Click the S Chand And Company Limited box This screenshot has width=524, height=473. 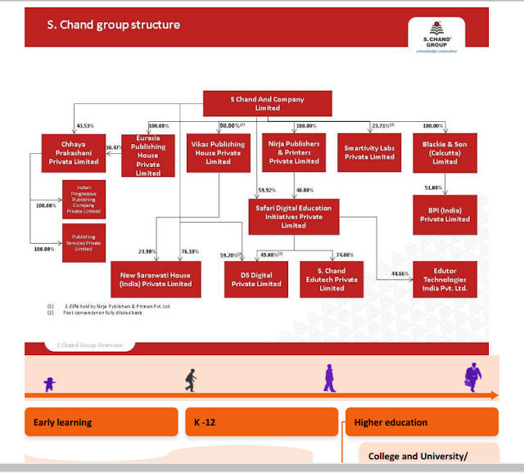(267, 104)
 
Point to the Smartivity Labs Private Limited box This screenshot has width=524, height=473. (369, 151)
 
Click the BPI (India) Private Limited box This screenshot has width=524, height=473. (445, 214)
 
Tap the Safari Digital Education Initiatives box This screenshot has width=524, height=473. (293, 217)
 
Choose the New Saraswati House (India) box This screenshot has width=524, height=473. (155, 278)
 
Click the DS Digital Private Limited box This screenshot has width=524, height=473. (255, 279)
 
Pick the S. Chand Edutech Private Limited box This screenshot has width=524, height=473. (332, 279)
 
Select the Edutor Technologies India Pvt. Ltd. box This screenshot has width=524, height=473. (445, 279)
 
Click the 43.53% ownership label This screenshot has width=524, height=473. (85, 126)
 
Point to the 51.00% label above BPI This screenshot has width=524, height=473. (433, 187)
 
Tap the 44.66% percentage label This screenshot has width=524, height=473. (400, 273)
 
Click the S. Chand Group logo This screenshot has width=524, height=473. (435, 38)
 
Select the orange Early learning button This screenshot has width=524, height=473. (101, 422)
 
